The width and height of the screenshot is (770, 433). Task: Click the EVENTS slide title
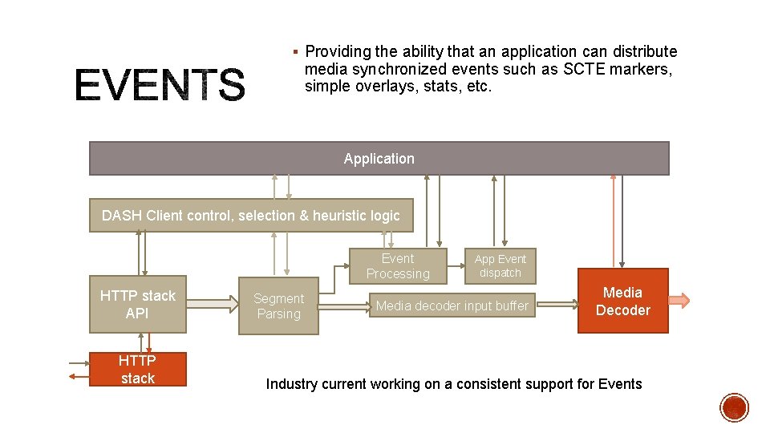pyautogui.click(x=160, y=86)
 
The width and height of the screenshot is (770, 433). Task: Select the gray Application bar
pyautogui.click(x=379, y=159)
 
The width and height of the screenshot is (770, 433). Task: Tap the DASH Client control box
pyautogui.click(x=250, y=215)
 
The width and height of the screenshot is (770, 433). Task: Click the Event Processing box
pyautogui.click(x=398, y=266)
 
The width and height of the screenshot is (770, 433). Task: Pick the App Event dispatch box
pyautogui.click(x=500, y=266)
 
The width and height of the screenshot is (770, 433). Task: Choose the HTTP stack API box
pyautogui.click(x=137, y=304)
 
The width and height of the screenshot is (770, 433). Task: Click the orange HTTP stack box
pyautogui.click(x=137, y=370)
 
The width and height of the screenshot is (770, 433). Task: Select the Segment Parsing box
pyautogui.click(x=278, y=306)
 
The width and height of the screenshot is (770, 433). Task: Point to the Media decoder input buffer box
pyautogui.click(x=452, y=306)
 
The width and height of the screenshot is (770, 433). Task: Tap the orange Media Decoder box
pyautogui.click(x=622, y=301)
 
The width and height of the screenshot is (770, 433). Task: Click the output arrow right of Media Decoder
pyautogui.click(x=679, y=301)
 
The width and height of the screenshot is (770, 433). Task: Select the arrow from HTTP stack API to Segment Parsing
pyautogui.click(x=213, y=305)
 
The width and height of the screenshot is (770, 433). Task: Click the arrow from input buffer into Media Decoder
pyautogui.click(x=557, y=305)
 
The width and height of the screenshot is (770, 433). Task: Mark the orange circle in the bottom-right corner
pyautogui.click(x=735, y=407)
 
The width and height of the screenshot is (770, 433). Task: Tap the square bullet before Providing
pyautogui.click(x=295, y=52)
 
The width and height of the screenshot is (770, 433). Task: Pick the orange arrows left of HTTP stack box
pyautogui.click(x=79, y=370)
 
